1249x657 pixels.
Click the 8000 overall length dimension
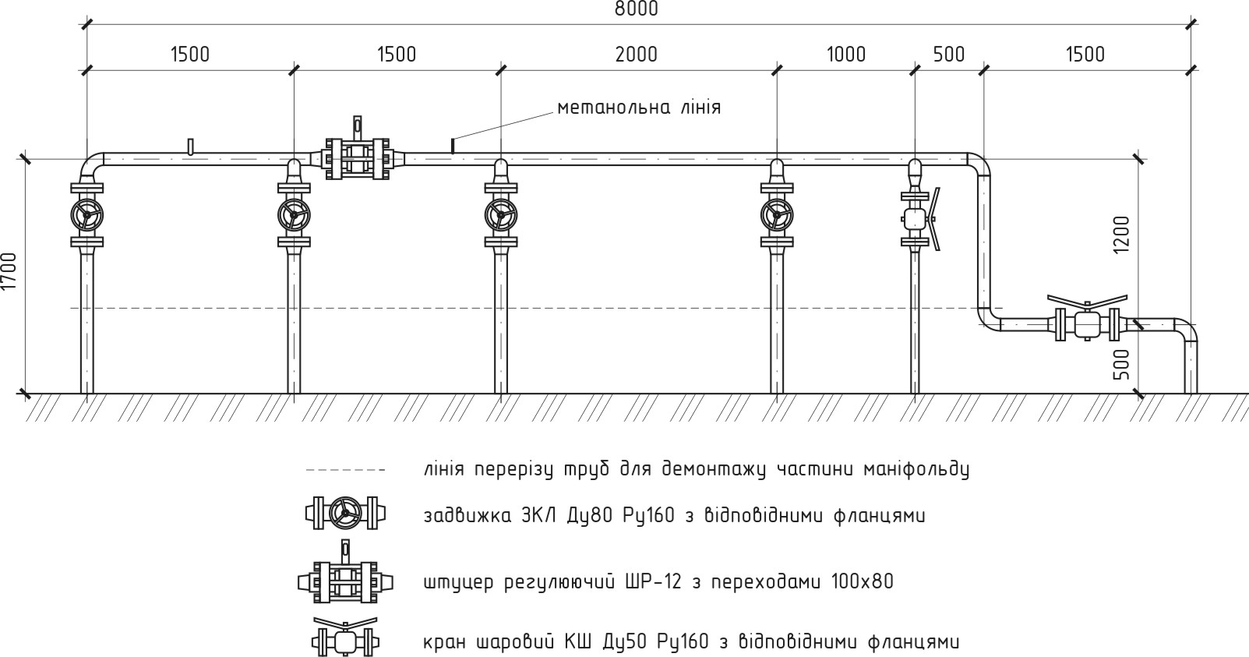636,9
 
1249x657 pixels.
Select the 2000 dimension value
636,55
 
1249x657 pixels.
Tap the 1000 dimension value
845,55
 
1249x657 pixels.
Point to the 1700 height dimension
9,271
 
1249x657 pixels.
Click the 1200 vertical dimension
1121,234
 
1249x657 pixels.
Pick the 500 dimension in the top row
948,55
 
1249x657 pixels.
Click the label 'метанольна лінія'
638,108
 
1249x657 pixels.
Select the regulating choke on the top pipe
358,159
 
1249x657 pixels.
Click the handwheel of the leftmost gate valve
86,214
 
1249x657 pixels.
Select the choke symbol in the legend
344,581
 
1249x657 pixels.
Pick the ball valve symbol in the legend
345,640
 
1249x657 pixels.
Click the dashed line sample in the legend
345,470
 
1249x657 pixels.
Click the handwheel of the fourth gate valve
777,214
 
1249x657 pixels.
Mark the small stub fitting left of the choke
190,147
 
